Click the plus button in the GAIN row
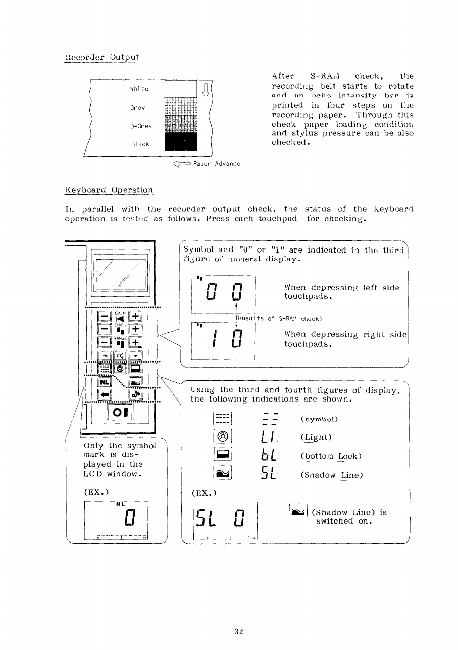[135, 316]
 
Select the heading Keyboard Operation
[109, 190]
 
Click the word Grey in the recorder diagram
[137, 108]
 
